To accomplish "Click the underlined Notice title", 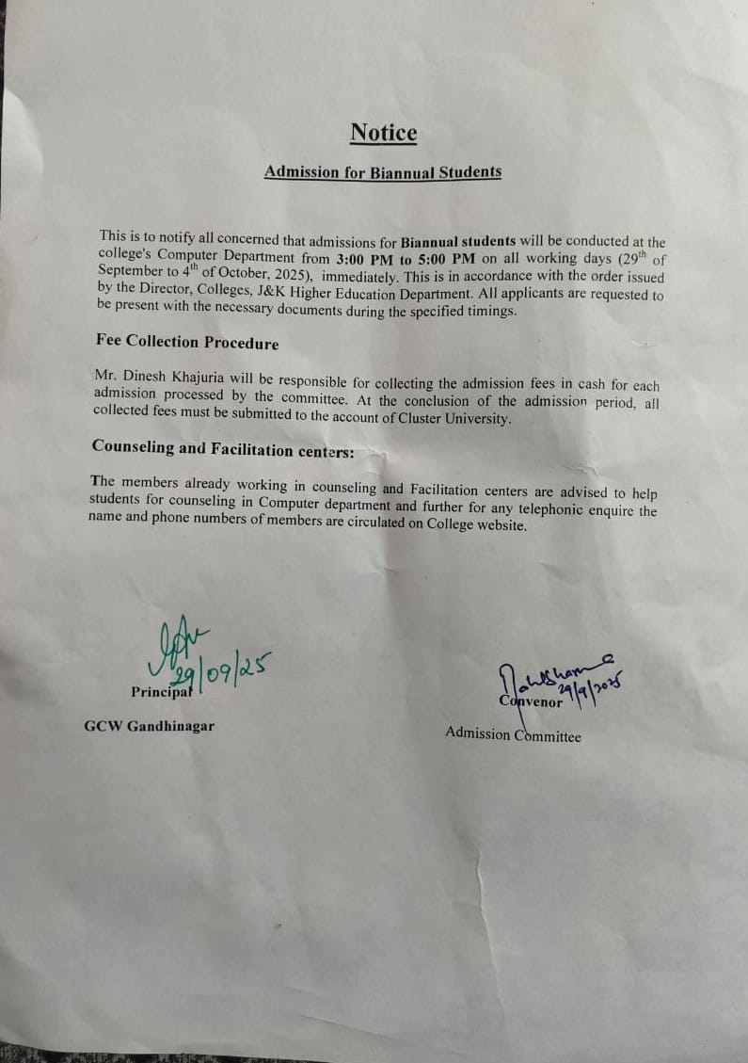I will coord(383,133).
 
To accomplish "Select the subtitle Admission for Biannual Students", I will coord(382,172).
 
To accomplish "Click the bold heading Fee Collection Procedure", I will coord(187,343).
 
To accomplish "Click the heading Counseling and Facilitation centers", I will coord(222,449).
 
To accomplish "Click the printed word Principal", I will coord(162,692).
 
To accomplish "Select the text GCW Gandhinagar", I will coord(149,726).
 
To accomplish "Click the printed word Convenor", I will coord(531,701).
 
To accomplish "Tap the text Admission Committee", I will coord(513,734).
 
